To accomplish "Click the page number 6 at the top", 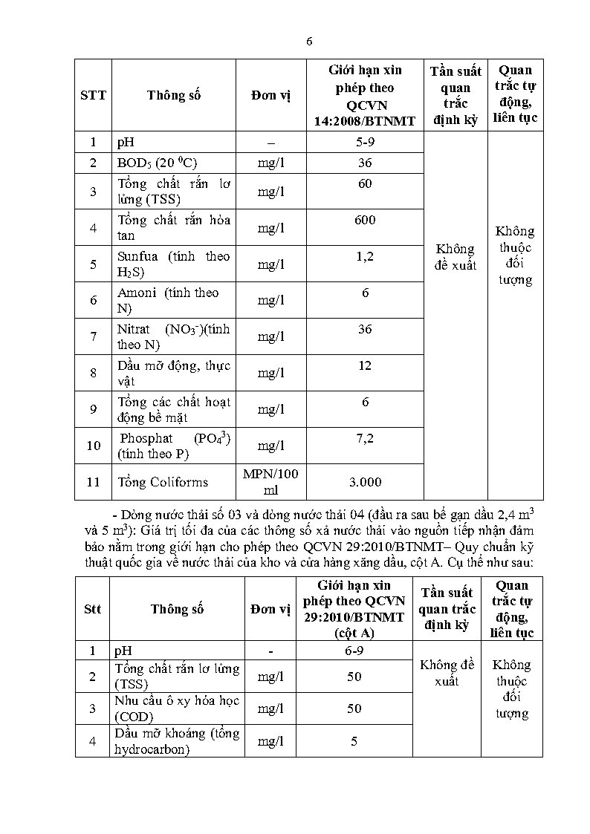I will [x=309, y=42].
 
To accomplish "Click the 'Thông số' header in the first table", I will [x=174, y=95].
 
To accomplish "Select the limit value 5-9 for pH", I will [x=365, y=142].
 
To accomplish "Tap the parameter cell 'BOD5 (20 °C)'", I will [x=157, y=163].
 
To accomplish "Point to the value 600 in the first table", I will [x=365, y=220].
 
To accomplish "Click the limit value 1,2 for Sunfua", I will [x=365, y=256].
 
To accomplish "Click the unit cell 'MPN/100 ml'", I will [x=270, y=482].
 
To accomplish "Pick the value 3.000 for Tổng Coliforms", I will [x=365, y=482].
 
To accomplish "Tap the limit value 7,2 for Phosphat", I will [x=365, y=439].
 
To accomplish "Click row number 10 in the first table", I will [x=93, y=446].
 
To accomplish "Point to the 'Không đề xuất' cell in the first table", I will [x=455, y=256].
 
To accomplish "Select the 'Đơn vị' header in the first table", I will [x=270, y=95].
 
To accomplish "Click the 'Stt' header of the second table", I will [x=92, y=609].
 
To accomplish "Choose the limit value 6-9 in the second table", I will [x=353, y=651].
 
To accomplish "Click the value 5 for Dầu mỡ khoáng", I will [x=354, y=741].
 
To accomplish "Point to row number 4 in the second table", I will [x=92, y=741].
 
